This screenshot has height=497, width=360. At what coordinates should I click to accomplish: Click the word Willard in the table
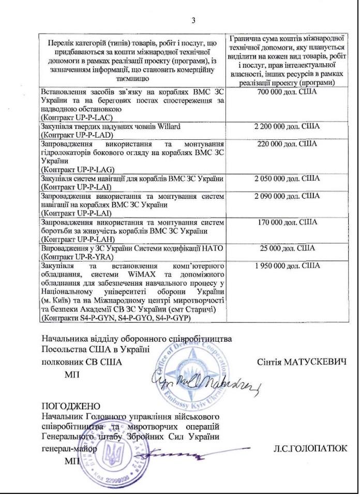182,126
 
